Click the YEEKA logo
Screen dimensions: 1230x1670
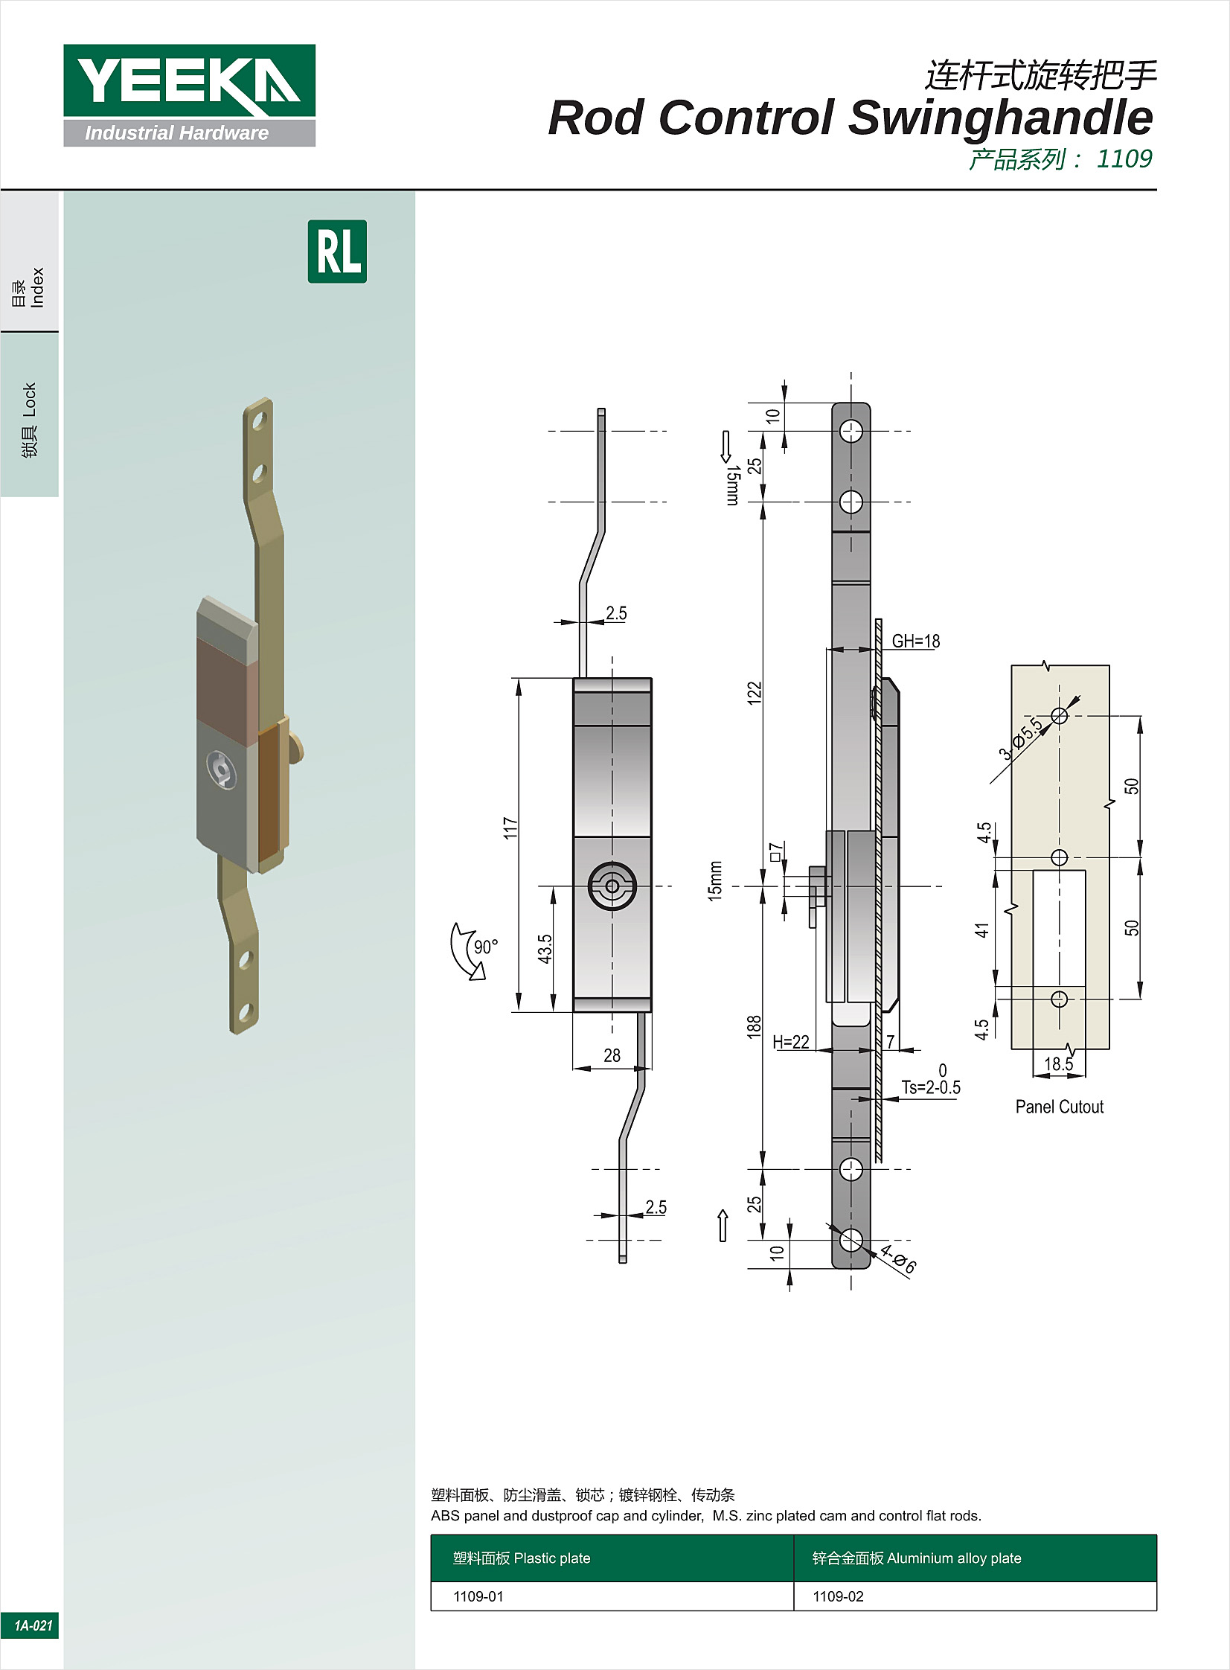tap(189, 95)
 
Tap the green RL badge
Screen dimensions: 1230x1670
tap(337, 252)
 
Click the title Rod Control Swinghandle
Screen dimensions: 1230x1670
tap(851, 118)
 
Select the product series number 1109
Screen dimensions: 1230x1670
tap(1124, 159)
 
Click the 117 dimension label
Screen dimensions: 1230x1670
tap(510, 828)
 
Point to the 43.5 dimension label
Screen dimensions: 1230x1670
tap(545, 950)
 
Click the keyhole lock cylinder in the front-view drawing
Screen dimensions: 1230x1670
tap(612, 886)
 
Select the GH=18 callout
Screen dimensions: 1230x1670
tap(916, 641)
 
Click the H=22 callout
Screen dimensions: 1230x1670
tap(791, 1042)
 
